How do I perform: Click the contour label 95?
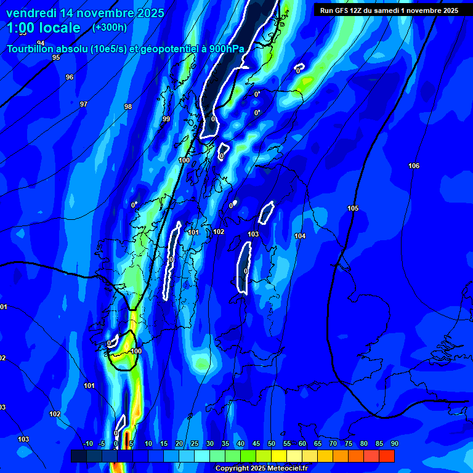coord(56,57)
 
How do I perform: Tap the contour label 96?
coord(70,77)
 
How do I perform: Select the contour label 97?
coord(84,104)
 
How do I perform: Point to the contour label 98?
coord(128,107)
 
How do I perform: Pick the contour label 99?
coord(166,119)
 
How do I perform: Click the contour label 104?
coord(300,236)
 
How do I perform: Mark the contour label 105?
coord(353,208)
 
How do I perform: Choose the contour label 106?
coord(414,166)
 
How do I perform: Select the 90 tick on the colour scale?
coord(394,443)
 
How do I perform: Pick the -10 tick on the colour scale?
coord(87,443)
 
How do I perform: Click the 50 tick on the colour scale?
coord(272,443)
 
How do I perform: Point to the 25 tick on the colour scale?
coord(195,443)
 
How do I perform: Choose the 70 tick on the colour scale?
coord(333,443)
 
